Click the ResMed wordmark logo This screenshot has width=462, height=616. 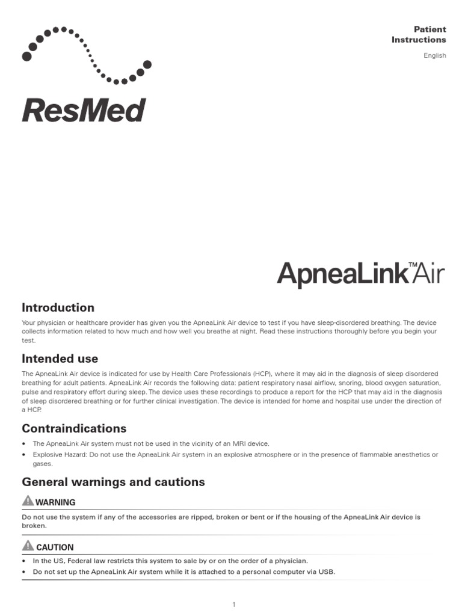(x=84, y=110)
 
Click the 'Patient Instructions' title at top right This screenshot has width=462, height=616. (x=419, y=34)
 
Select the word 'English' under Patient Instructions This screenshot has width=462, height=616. (x=434, y=55)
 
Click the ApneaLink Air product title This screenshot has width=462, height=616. (x=360, y=274)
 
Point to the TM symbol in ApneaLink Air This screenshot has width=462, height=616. (x=413, y=265)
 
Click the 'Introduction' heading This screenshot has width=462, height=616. (x=58, y=307)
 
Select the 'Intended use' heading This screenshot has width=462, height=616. (x=60, y=359)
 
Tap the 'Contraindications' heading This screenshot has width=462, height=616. (x=74, y=428)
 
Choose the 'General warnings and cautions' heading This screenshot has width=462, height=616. (x=113, y=482)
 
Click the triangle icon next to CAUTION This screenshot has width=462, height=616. (x=28, y=546)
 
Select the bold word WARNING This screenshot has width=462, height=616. (x=55, y=502)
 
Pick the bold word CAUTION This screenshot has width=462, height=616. (x=55, y=547)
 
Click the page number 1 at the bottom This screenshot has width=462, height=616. (x=233, y=605)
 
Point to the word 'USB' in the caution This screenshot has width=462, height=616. (x=327, y=571)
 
